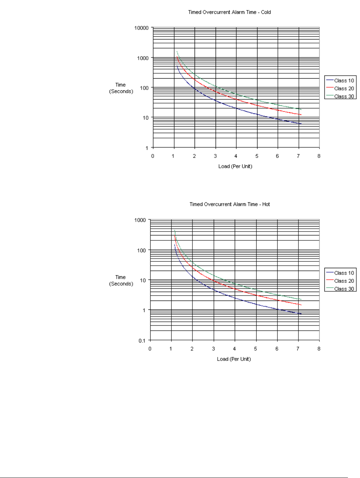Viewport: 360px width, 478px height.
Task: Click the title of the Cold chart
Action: coord(229,12)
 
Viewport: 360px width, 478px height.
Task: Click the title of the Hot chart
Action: coord(229,204)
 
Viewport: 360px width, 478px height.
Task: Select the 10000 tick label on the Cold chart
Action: coord(141,28)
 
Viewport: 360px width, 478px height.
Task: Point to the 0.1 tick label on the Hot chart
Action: coord(142,340)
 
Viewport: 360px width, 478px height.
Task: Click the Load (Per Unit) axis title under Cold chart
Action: coord(235,166)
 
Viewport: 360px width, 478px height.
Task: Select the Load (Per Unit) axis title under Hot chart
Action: coord(234,359)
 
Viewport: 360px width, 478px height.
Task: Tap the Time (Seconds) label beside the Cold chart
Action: coord(121,88)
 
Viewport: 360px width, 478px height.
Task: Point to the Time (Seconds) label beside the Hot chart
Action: coord(121,280)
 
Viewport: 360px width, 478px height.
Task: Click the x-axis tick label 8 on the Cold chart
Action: coord(319,156)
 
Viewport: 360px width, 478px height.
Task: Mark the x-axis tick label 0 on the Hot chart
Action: coord(150,349)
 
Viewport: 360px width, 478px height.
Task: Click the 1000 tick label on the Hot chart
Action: coord(140,220)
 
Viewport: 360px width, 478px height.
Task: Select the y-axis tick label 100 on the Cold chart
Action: coord(144,88)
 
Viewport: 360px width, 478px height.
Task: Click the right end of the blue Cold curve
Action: coord(301,124)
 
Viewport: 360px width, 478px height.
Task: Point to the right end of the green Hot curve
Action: coord(301,299)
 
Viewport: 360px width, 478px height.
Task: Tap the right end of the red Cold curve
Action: coord(301,115)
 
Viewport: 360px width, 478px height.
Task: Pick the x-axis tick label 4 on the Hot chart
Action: coord(234,349)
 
